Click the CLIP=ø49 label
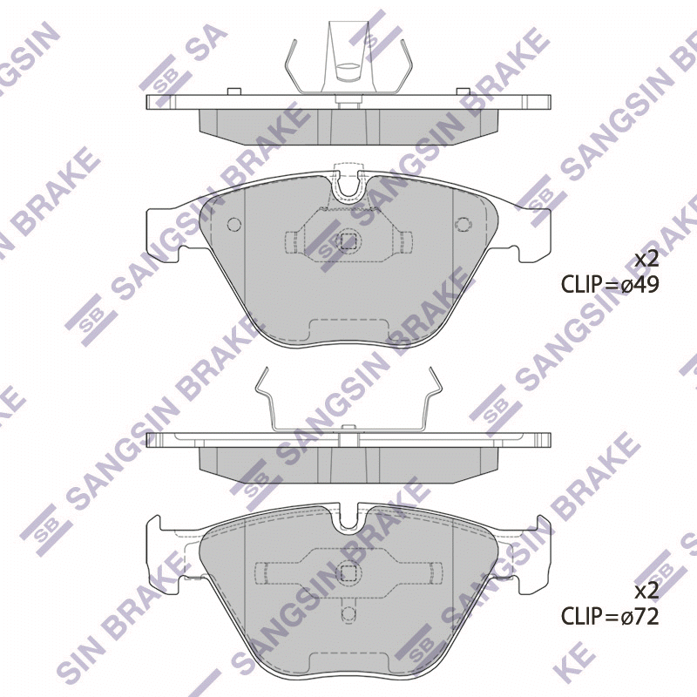pos(609,284)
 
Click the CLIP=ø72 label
pos(609,616)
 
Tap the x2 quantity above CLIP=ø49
pos(646,259)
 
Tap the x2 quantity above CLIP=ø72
pos(646,592)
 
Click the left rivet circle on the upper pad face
pos(233,225)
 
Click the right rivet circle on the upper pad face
pos(463,225)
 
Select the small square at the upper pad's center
pos(348,241)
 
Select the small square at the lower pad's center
pos(348,573)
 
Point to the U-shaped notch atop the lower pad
pos(348,517)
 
